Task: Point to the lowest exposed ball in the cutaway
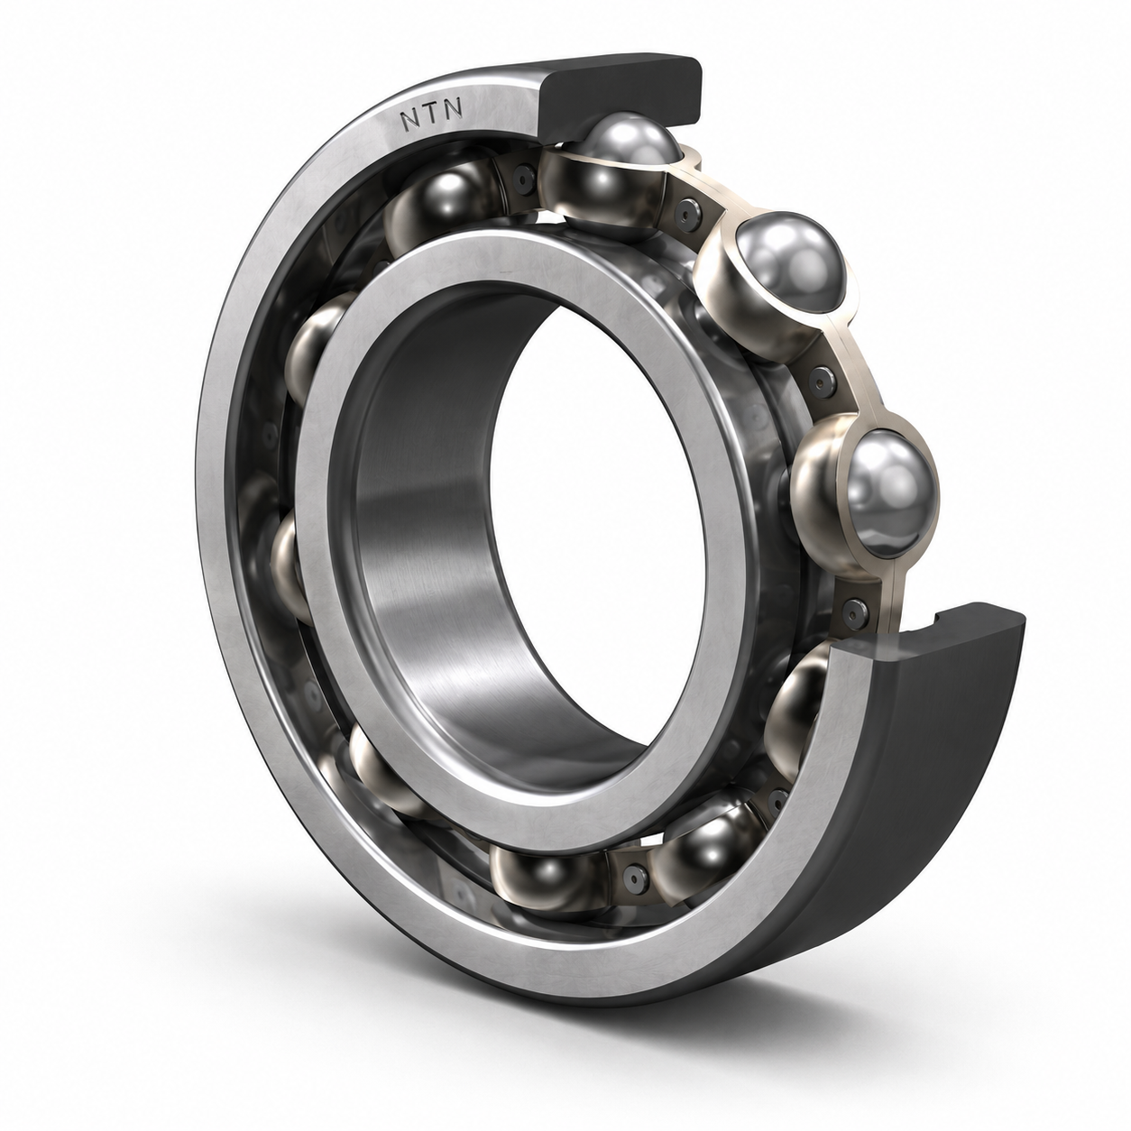890,494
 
